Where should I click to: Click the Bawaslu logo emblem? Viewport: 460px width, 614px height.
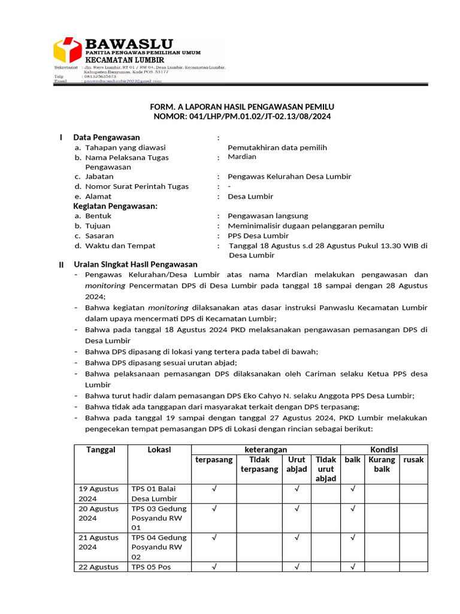pos(67,50)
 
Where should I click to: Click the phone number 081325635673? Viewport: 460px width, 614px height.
pos(101,76)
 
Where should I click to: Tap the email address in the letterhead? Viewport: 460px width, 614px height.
pos(123,81)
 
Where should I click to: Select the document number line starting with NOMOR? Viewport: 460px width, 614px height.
pos(242,116)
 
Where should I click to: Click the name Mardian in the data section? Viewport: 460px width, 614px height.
pos(242,156)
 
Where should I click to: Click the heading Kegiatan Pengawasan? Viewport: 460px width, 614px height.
pos(115,206)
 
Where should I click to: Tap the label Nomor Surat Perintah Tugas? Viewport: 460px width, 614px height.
pos(137,186)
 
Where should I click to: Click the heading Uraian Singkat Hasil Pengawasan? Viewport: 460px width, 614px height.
pos(135,264)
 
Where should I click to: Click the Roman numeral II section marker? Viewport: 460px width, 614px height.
pos(60,265)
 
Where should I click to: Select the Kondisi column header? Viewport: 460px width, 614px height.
pos(383,450)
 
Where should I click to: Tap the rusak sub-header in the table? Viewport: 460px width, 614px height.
pos(413,460)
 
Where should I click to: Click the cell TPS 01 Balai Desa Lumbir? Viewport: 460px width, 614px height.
pos(155,493)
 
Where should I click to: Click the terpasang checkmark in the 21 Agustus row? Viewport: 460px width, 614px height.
pos(214,538)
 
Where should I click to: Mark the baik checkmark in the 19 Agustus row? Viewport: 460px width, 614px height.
pos(353,489)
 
